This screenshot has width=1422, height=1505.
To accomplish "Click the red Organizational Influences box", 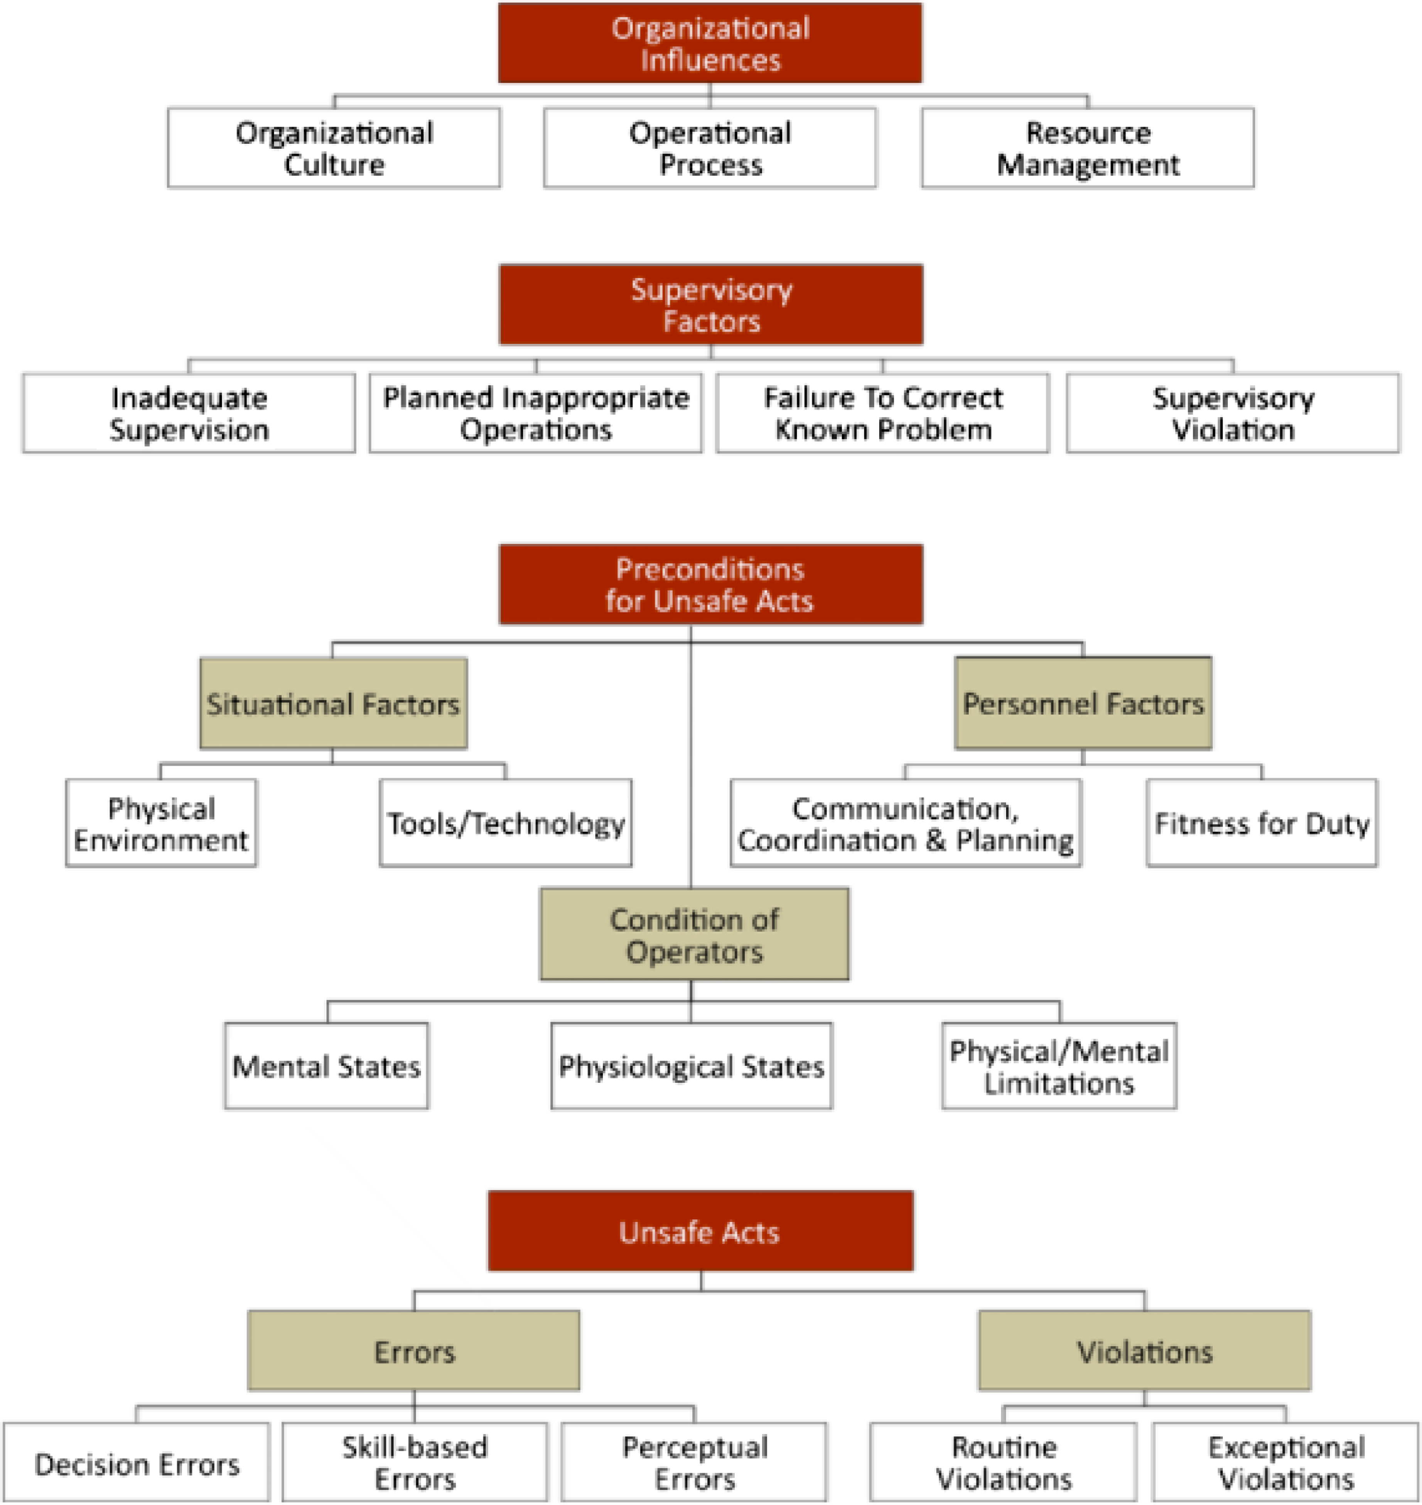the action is tap(710, 43).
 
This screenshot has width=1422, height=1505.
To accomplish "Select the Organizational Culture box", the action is tap(334, 148).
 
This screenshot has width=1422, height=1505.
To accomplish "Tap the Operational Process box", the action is tap(710, 148).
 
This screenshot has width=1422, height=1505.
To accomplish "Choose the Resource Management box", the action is tap(1088, 148).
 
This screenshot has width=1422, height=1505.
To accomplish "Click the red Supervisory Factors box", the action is tap(711, 305).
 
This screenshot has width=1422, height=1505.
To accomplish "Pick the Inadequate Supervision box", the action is tap(189, 413).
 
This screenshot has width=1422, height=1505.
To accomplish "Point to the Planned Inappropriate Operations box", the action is tap(536, 413).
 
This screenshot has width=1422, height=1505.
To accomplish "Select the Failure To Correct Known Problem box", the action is tap(883, 413).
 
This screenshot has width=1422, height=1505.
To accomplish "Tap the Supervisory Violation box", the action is tap(1233, 413).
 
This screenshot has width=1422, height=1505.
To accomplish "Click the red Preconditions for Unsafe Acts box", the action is tap(711, 584).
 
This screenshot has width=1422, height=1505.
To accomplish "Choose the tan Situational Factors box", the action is tap(334, 704).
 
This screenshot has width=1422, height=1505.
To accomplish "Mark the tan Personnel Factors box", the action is tap(1083, 704).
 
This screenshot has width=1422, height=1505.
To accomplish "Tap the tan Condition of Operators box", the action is tap(694, 935).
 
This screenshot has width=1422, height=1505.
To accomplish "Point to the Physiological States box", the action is tap(691, 1066).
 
